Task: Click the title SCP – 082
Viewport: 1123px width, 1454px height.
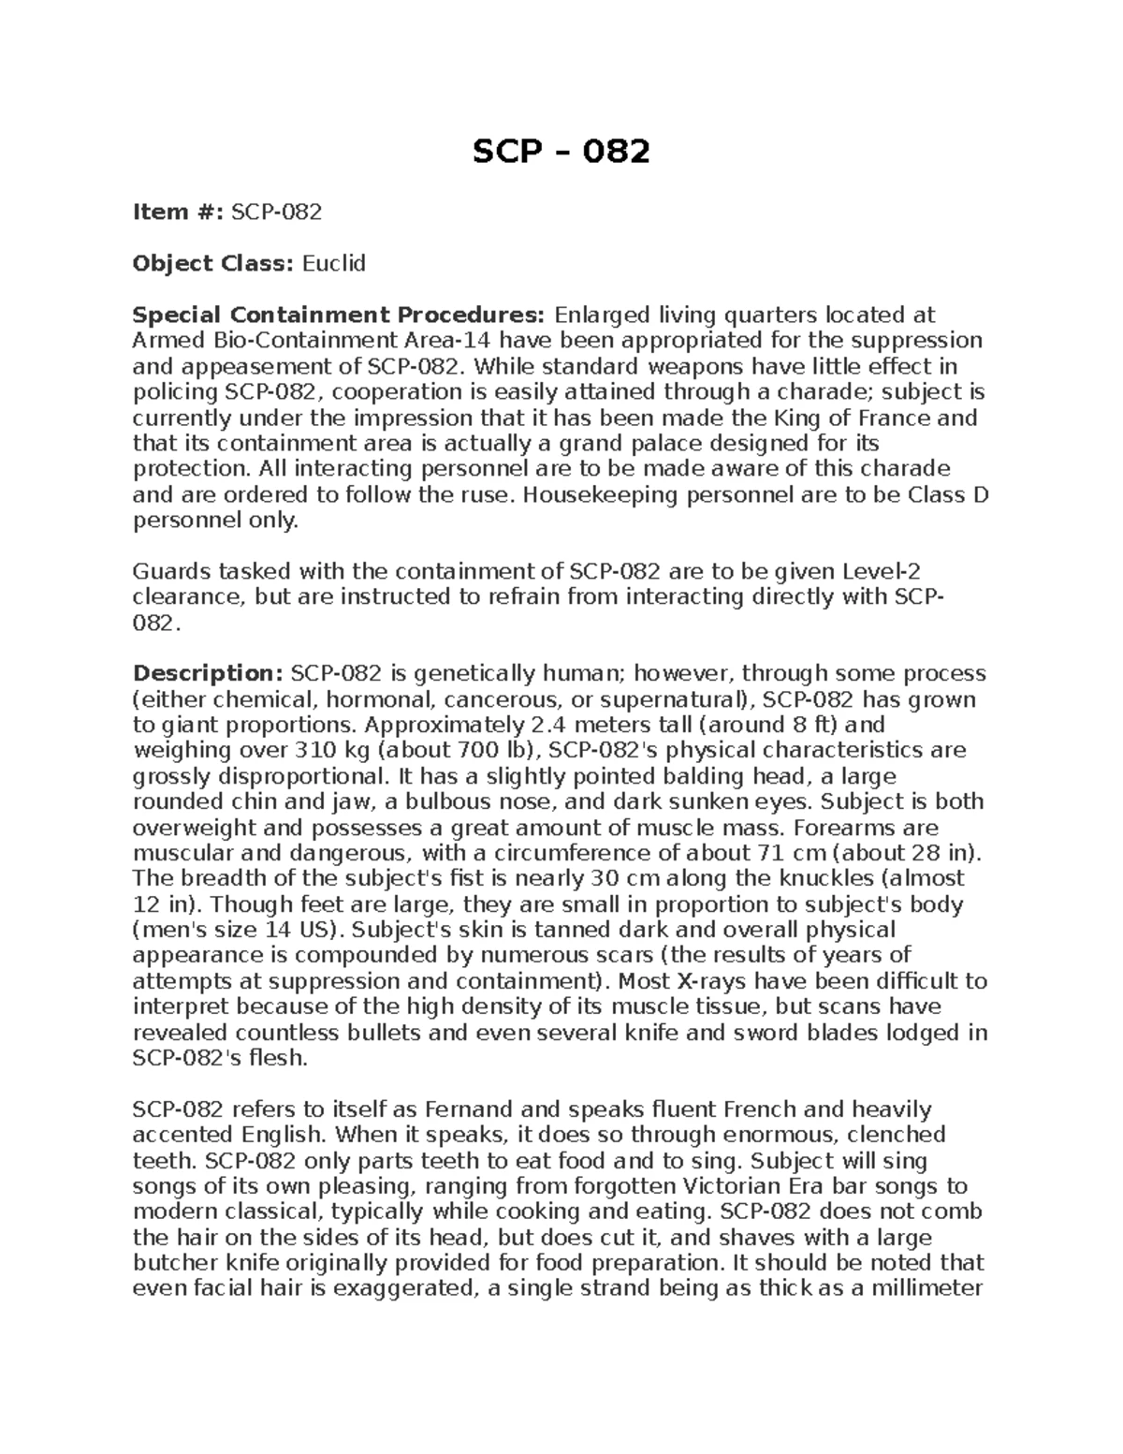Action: tap(561, 151)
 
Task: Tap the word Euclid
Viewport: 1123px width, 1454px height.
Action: tap(333, 264)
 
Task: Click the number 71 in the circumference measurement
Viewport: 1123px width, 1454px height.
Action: tap(766, 853)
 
